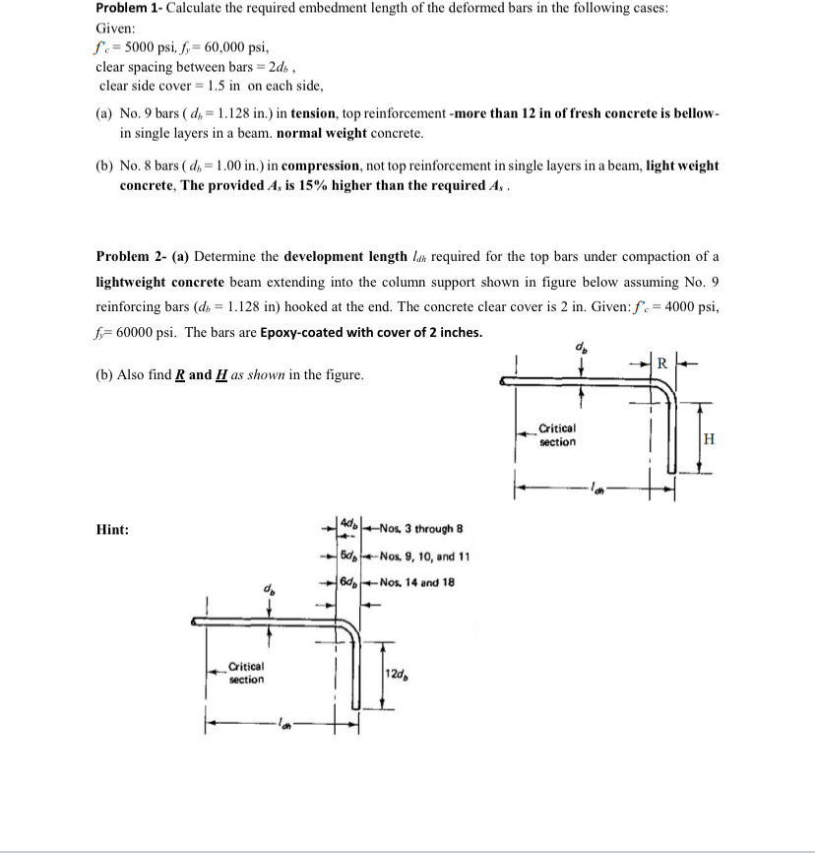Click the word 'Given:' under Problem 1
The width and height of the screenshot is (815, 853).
(x=116, y=28)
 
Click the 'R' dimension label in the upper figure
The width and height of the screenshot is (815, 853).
(x=662, y=362)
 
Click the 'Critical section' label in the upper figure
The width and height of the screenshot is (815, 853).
(x=557, y=435)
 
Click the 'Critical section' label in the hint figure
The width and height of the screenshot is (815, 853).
(x=245, y=674)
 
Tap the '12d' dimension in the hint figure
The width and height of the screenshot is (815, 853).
(x=399, y=673)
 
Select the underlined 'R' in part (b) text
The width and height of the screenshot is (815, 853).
(x=180, y=375)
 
